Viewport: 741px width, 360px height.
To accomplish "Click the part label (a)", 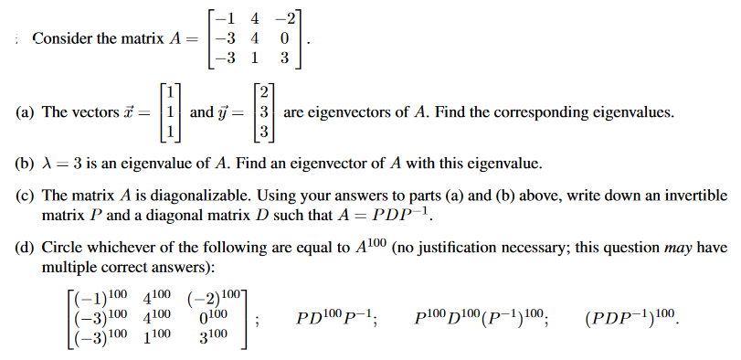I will click(x=25, y=112).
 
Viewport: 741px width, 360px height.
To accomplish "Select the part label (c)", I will click(x=25, y=196).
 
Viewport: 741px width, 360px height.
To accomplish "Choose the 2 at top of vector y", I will click(x=264, y=93).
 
